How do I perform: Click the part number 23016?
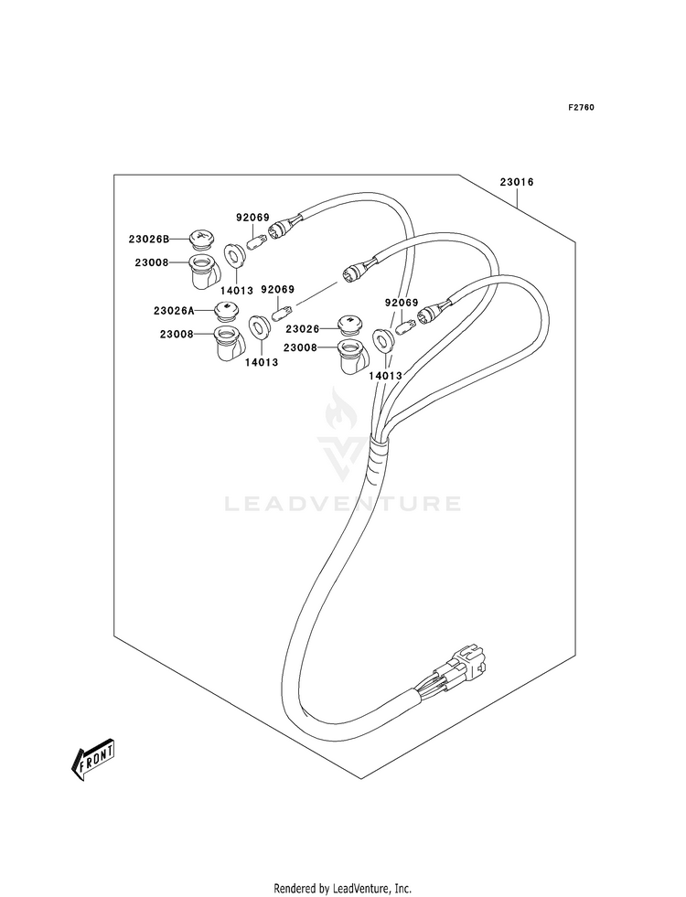[x=517, y=183]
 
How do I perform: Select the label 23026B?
[x=149, y=240]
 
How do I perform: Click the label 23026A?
[x=174, y=311]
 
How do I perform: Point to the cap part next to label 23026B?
[x=200, y=240]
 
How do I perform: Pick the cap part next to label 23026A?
[x=225, y=311]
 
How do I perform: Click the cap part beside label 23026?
[x=348, y=325]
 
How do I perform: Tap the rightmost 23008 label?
[x=300, y=347]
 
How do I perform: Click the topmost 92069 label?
[x=252, y=218]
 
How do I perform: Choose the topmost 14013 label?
[x=236, y=291]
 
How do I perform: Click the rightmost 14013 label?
[x=385, y=376]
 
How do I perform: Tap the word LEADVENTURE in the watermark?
[x=342, y=504]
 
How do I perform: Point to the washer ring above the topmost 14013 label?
[x=233, y=254]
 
